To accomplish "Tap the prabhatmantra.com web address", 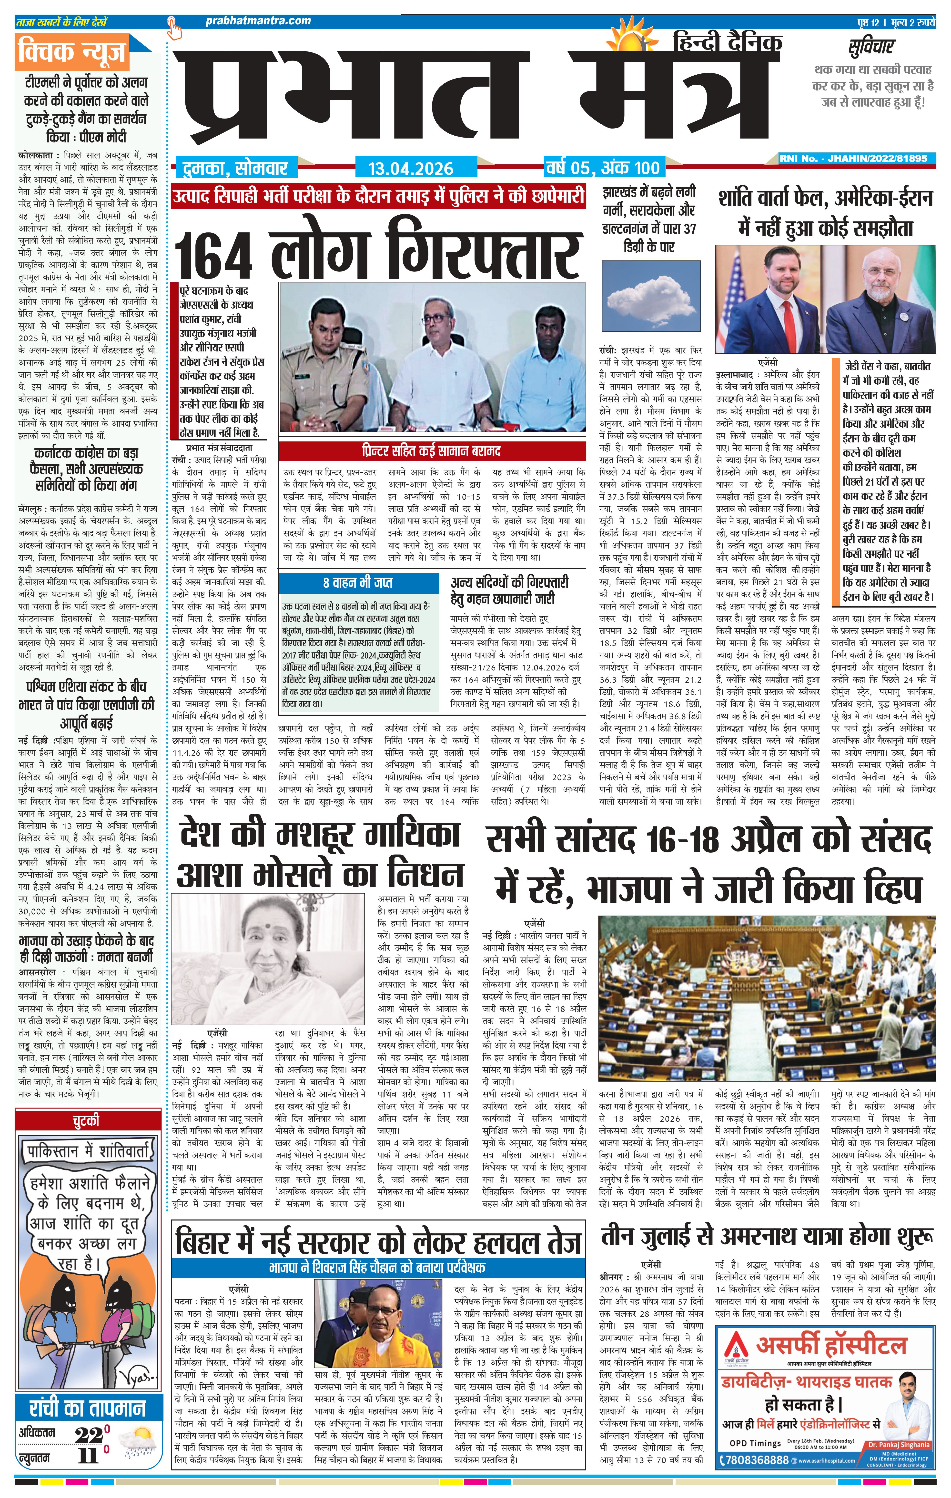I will pyautogui.click(x=258, y=20).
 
